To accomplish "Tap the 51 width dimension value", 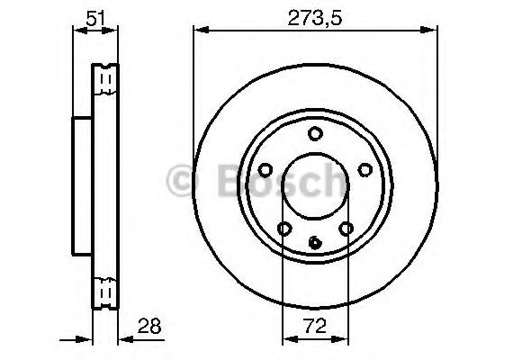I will click(x=94, y=15).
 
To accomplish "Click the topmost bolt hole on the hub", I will click(x=315, y=135).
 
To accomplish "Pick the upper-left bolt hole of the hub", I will click(x=265, y=170).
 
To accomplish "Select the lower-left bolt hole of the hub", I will click(x=284, y=229).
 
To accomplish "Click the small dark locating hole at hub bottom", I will click(x=315, y=241).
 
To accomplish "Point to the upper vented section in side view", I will click(x=106, y=81).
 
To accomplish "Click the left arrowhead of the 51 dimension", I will click(x=76, y=32).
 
